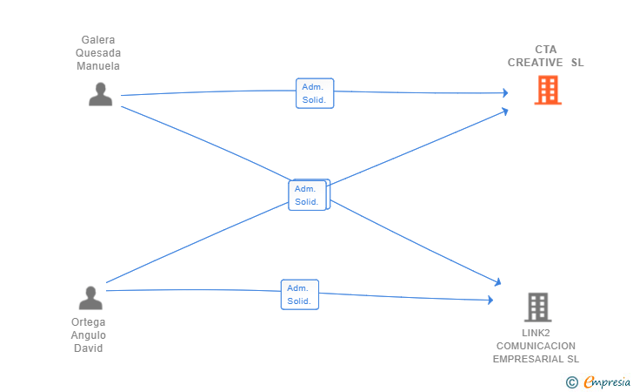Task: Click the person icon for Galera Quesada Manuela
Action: [x=101, y=94]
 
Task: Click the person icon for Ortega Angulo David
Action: [x=90, y=298]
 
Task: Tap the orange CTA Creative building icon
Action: [x=548, y=91]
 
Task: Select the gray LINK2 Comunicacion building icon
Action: [x=538, y=307]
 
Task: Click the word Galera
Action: [x=98, y=40]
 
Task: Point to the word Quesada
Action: [x=98, y=53]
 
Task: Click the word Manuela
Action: [x=98, y=66]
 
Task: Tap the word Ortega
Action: [x=89, y=322]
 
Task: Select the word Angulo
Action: [x=89, y=335]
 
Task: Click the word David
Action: [x=89, y=348]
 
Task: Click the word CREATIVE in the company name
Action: [x=536, y=63]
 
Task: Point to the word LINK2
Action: [x=536, y=333]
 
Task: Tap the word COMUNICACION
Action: [x=536, y=346]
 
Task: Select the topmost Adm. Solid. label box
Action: [x=315, y=93]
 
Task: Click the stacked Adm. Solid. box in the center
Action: [x=309, y=195]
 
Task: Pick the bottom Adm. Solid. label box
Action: [x=300, y=294]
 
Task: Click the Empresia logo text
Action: [x=607, y=382]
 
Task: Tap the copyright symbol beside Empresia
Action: [x=571, y=382]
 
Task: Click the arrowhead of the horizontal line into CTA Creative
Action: [x=505, y=93]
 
